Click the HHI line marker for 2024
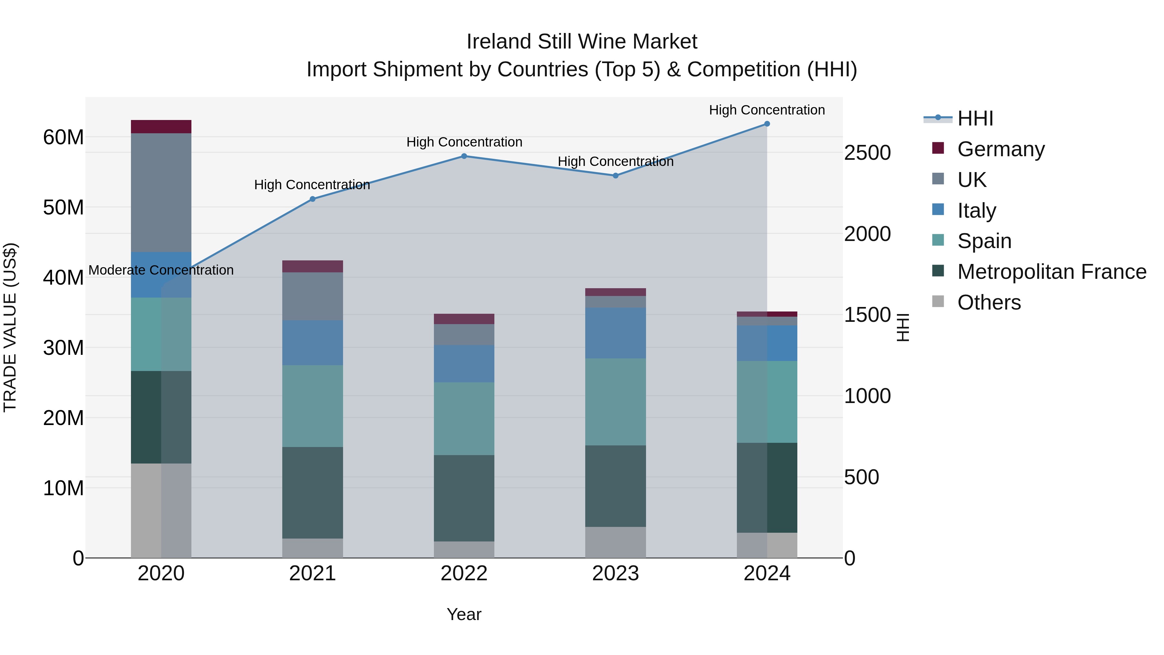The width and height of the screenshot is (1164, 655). click(767, 124)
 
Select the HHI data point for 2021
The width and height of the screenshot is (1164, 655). click(312, 199)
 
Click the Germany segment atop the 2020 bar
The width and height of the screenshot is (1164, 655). click(161, 126)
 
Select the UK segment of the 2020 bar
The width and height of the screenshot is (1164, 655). click(161, 192)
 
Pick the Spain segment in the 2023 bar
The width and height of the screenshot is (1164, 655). click(615, 402)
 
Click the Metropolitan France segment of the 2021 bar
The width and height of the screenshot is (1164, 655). click(312, 493)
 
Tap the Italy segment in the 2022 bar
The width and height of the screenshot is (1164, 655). click(464, 364)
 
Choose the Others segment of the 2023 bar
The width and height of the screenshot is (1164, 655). click(615, 542)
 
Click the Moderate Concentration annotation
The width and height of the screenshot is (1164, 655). click(161, 270)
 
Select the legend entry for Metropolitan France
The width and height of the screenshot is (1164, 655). click(1051, 272)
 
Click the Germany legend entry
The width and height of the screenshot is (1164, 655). click(1000, 149)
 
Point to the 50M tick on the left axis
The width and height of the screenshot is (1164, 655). click(63, 207)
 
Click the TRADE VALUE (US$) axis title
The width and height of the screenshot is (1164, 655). click(10, 327)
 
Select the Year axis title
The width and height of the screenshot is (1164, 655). click(464, 614)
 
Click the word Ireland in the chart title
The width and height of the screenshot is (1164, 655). click(497, 42)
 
